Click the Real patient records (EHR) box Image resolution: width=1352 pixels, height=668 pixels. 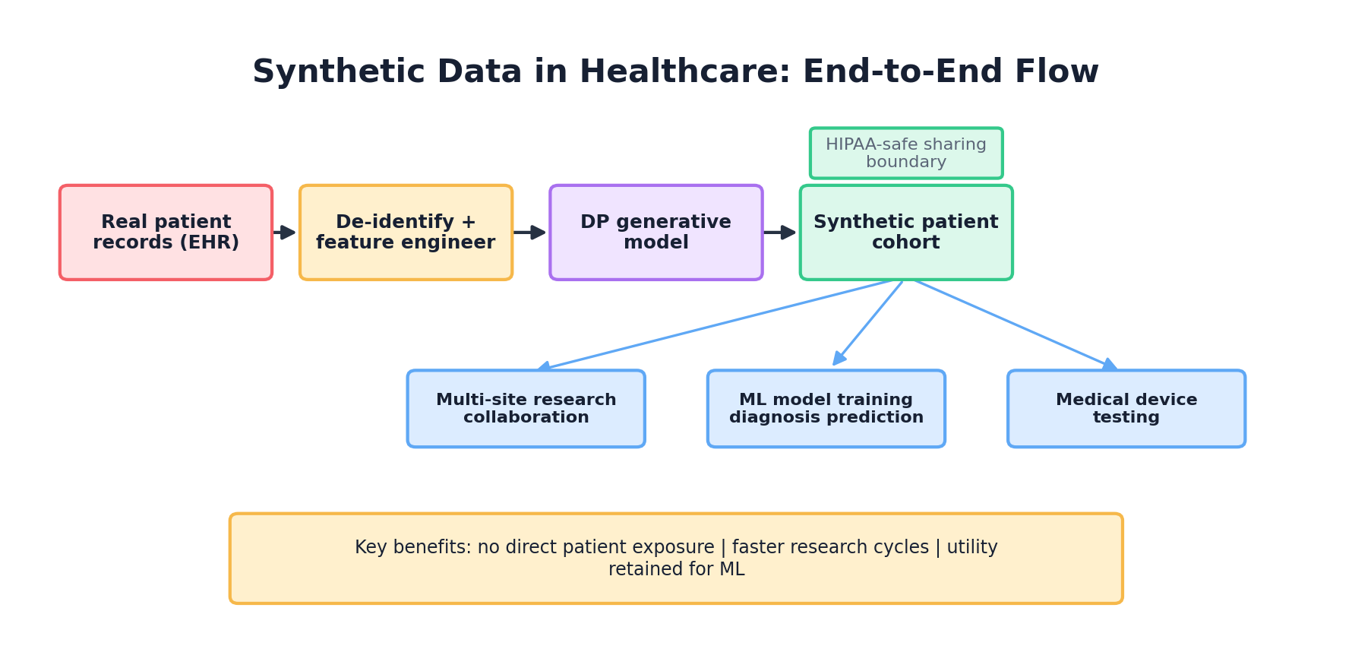coord(166,232)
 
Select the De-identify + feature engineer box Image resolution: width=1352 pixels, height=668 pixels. coord(406,232)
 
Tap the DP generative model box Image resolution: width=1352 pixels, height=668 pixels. coord(655,232)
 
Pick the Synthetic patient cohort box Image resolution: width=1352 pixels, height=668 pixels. coord(905,232)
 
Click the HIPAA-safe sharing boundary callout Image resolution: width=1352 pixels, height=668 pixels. coord(905,153)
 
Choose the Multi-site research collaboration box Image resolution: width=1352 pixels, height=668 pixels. coord(526,408)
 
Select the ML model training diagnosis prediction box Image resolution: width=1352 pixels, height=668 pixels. coord(826,408)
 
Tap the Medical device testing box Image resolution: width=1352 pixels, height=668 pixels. coord(1126,408)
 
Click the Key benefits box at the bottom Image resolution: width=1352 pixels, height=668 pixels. coord(676,558)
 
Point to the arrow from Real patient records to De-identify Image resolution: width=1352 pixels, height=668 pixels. coord(285,232)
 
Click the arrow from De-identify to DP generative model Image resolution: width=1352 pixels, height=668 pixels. coord(530,232)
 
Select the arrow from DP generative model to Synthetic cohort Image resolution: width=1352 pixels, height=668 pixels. coord(780,232)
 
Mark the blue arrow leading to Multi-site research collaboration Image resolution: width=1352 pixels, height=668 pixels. coord(714,325)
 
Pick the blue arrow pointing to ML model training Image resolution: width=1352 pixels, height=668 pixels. coord(869,323)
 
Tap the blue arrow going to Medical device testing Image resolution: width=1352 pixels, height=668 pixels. coord(1014,325)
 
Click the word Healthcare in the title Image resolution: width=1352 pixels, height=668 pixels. coord(681,72)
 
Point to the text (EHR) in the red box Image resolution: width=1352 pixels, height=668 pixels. coord(209,242)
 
